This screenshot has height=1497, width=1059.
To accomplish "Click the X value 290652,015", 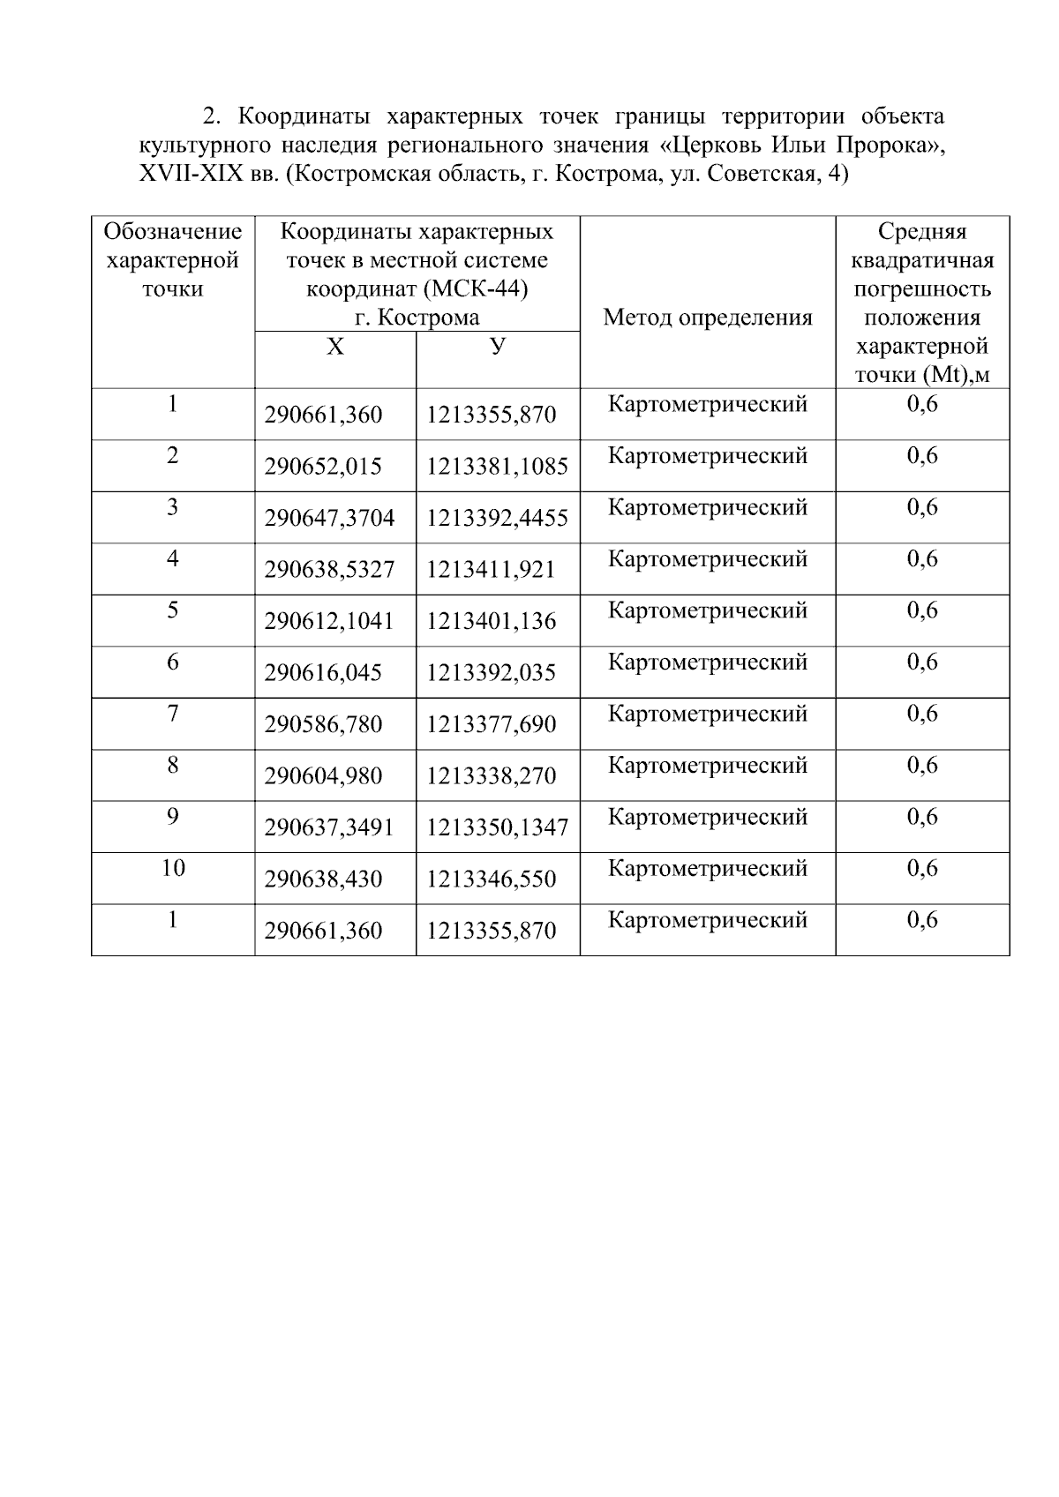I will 323,467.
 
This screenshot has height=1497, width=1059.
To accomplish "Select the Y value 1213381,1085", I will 497,467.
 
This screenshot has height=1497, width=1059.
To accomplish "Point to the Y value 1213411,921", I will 491,570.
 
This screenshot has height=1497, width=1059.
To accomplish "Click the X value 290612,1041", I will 328,621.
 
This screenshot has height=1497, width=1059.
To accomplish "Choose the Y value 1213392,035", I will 491,673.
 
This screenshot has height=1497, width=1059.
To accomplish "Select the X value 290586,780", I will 323,724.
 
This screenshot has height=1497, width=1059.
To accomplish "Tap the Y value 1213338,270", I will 491,776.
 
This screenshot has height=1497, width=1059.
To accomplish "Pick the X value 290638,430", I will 323,879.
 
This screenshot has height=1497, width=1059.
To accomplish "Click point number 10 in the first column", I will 173,869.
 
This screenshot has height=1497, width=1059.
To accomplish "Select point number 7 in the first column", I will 173,714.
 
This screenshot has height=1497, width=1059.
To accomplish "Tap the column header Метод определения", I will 707,318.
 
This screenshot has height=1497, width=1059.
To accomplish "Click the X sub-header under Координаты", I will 334,348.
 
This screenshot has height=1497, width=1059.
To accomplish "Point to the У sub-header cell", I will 498,347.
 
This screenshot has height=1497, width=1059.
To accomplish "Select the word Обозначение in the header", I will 173,232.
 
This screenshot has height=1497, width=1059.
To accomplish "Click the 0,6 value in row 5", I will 922,610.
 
